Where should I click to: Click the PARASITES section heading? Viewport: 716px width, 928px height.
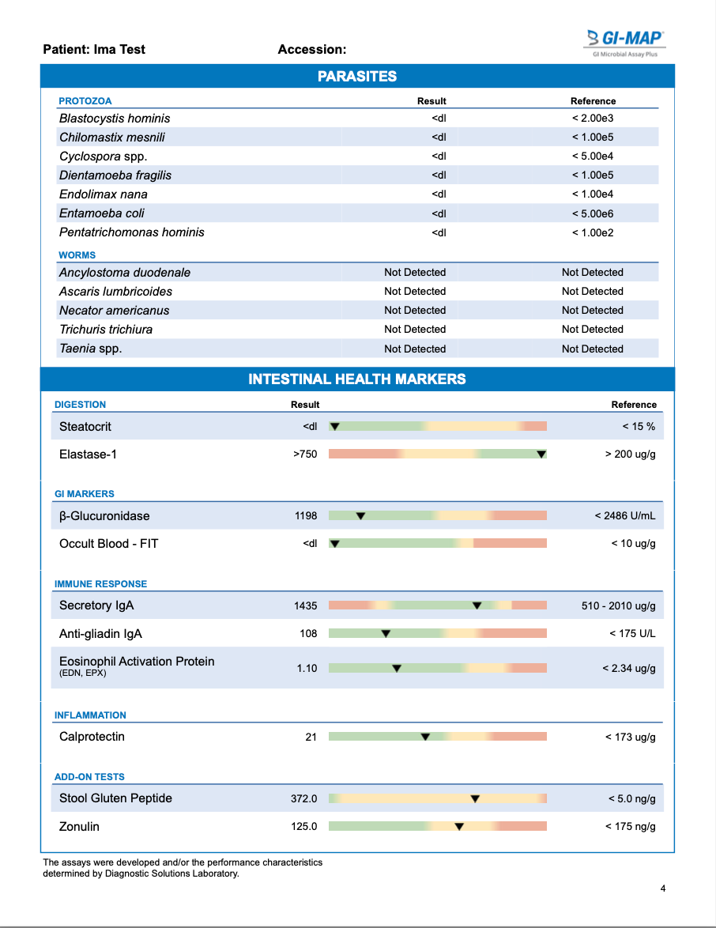(357, 77)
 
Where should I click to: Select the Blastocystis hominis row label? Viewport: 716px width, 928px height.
(115, 119)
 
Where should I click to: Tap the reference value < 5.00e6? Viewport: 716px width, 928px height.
(593, 213)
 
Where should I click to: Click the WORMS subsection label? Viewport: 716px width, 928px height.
(77, 255)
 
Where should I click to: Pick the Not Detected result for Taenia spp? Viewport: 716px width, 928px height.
(415, 349)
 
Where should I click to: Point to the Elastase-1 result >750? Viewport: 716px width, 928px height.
(305, 455)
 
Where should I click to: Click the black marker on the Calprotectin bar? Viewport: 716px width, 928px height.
(425, 737)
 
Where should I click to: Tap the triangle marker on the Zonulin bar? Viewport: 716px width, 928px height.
(458, 827)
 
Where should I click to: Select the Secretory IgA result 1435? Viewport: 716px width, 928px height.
(305, 606)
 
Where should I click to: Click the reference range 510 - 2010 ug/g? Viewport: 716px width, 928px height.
(618, 606)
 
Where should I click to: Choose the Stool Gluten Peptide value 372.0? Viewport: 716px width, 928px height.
(303, 798)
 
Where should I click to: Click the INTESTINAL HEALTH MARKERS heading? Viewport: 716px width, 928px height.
(357, 379)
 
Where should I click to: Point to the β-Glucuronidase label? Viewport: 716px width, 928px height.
(104, 516)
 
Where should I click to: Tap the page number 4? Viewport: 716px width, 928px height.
(663, 888)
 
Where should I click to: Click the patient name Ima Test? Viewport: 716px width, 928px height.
(119, 49)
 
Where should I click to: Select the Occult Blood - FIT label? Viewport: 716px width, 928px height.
(108, 544)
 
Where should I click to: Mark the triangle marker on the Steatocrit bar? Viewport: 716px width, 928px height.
(334, 427)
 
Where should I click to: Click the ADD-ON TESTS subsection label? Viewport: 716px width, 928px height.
(89, 777)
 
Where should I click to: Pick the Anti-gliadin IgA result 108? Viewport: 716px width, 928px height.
(308, 634)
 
